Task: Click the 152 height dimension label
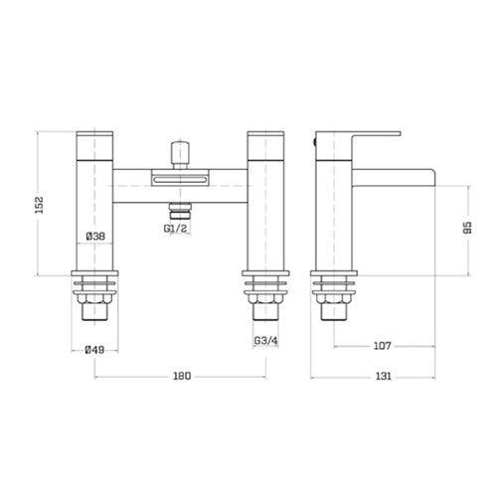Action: tap(40, 205)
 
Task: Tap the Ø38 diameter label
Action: tap(95, 237)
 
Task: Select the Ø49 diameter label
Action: tap(94, 350)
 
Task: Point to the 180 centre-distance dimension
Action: tap(182, 376)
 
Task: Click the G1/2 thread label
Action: tap(175, 229)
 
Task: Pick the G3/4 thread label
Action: tap(265, 340)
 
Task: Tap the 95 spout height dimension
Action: tap(467, 228)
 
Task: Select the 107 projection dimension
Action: tap(383, 346)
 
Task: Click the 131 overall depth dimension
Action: tap(383, 376)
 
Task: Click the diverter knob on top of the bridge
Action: tap(180, 155)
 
